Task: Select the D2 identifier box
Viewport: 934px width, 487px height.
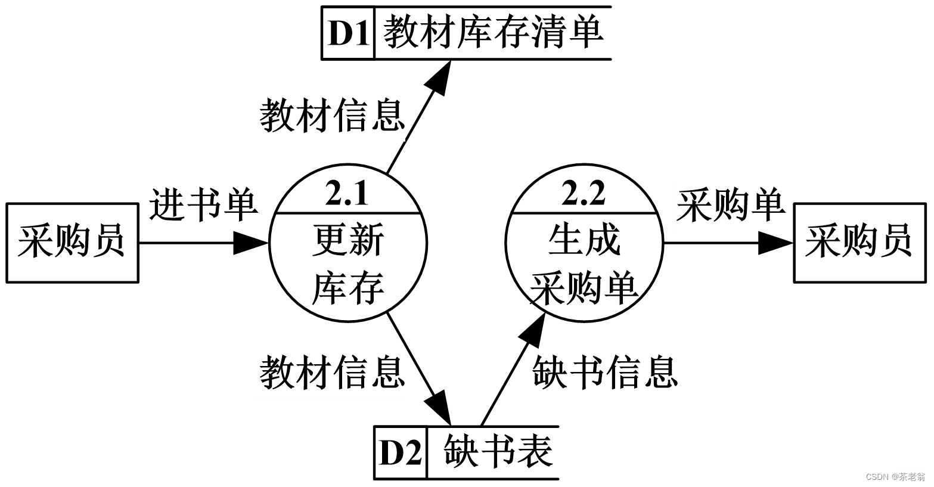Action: click(401, 452)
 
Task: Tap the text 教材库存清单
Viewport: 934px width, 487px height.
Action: click(492, 33)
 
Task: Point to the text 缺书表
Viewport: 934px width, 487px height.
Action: click(498, 452)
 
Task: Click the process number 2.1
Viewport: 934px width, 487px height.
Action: click(347, 195)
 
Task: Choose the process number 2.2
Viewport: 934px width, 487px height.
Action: click(584, 195)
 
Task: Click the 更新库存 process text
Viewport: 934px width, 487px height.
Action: click(348, 264)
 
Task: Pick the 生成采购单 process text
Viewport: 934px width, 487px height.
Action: click(584, 264)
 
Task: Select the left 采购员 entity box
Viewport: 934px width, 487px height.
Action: click(72, 243)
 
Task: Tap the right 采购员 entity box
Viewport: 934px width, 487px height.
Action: click(859, 243)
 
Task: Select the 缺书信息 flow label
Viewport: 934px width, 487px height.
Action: click(605, 372)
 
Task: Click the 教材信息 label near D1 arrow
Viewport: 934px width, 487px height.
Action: click(332, 116)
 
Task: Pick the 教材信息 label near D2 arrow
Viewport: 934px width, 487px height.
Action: click(332, 372)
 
